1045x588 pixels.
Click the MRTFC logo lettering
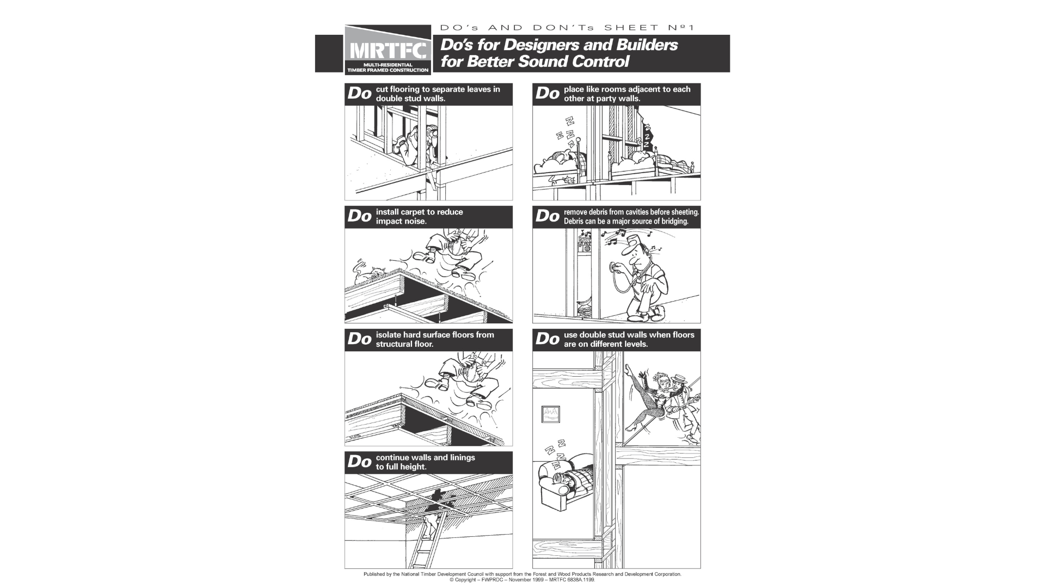coord(388,51)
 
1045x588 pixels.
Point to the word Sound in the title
coord(545,62)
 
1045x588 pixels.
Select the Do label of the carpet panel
coord(359,216)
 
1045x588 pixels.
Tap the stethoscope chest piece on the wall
coord(613,267)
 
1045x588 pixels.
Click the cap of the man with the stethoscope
coord(633,240)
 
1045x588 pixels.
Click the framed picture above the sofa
coord(550,415)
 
